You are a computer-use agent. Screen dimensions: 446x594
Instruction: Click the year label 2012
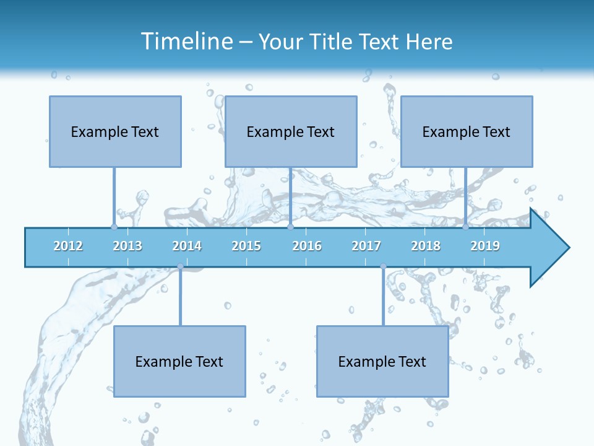tap(68, 246)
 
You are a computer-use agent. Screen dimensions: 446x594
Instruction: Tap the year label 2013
tap(127, 246)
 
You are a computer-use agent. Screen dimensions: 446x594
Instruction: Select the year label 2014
tap(187, 246)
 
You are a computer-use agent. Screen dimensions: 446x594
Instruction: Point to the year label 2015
tap(246, 246)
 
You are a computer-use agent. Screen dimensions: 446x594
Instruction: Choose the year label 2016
tap(307, 246)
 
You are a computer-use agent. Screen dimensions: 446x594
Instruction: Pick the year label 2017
tap(366, 246)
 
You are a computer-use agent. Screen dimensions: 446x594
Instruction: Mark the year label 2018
tap(426, 246)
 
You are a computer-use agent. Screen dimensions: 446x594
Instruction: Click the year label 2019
tap(485, 246)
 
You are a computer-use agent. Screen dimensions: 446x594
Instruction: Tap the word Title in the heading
tap(334, 42)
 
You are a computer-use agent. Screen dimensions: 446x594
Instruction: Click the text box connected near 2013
tap(115, 131)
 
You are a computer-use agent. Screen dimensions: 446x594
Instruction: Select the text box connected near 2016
tap(291, 131)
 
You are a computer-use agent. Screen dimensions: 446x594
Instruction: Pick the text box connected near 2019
tap(467, 131)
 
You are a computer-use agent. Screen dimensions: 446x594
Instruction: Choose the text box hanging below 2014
tap(179, 361)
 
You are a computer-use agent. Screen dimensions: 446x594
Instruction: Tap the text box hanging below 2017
tap(382, 361)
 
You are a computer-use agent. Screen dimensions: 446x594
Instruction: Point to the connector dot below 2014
tap(180, 266)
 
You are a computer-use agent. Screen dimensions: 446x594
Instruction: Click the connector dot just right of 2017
tap(383, 266)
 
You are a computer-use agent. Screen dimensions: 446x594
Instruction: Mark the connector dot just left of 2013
tap(114, 227)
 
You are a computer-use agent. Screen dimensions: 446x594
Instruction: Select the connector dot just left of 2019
tap(465, 227)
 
